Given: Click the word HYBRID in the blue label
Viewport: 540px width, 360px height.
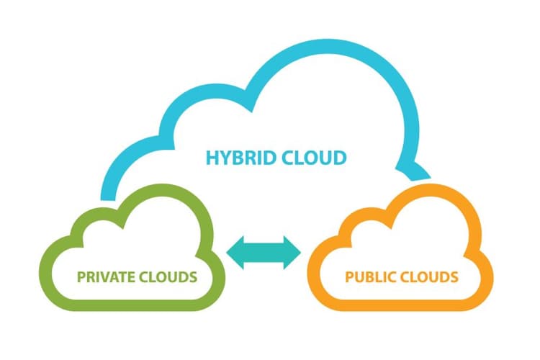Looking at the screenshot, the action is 241,158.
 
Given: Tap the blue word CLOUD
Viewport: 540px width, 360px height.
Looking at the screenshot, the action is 314,158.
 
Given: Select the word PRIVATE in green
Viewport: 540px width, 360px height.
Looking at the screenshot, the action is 106,277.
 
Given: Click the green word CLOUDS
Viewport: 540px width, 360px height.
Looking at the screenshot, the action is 168,277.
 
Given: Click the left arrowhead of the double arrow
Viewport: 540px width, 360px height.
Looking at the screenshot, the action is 235,253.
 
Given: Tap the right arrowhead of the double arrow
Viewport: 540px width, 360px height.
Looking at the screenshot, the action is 292,253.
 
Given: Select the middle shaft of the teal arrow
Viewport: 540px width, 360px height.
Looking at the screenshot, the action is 264,253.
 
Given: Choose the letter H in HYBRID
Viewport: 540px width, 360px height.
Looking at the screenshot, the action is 212,158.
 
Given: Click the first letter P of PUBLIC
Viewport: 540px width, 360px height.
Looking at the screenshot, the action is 349,277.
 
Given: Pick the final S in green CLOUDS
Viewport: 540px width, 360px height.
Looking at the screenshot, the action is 194,277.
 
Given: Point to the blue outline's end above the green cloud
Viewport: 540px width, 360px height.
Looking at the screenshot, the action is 108,199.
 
